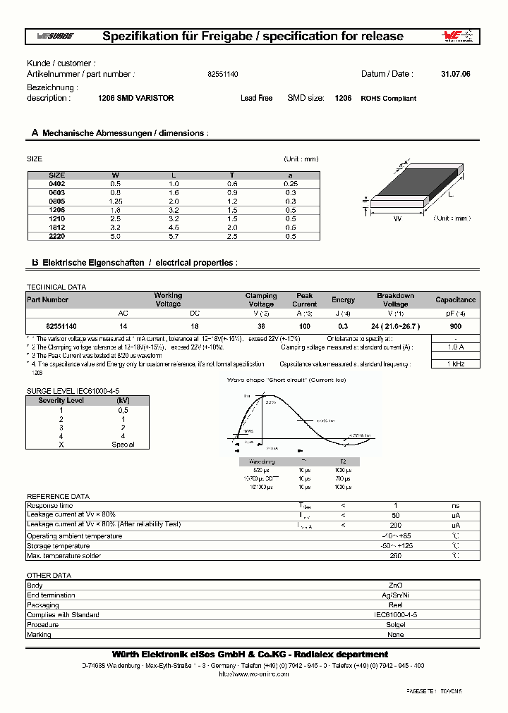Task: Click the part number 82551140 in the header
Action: point(223,74)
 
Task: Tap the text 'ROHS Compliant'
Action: point(388,99)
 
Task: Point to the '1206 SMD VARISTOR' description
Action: point(135,99)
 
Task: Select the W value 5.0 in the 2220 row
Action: point(116,237)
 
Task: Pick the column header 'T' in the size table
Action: point(232,175)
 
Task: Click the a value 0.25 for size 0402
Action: point(289,184)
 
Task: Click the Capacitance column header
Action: point(455,300)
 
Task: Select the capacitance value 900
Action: point(455,327)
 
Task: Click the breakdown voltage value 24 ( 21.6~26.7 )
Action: point(395,327)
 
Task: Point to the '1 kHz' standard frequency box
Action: point(456,364)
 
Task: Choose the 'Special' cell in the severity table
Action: point(123,445)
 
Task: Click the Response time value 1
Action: point(396,506)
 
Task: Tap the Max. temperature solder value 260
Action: point(396,556)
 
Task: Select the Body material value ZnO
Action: point(396,585)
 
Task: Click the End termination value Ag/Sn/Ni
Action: point(396,595)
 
